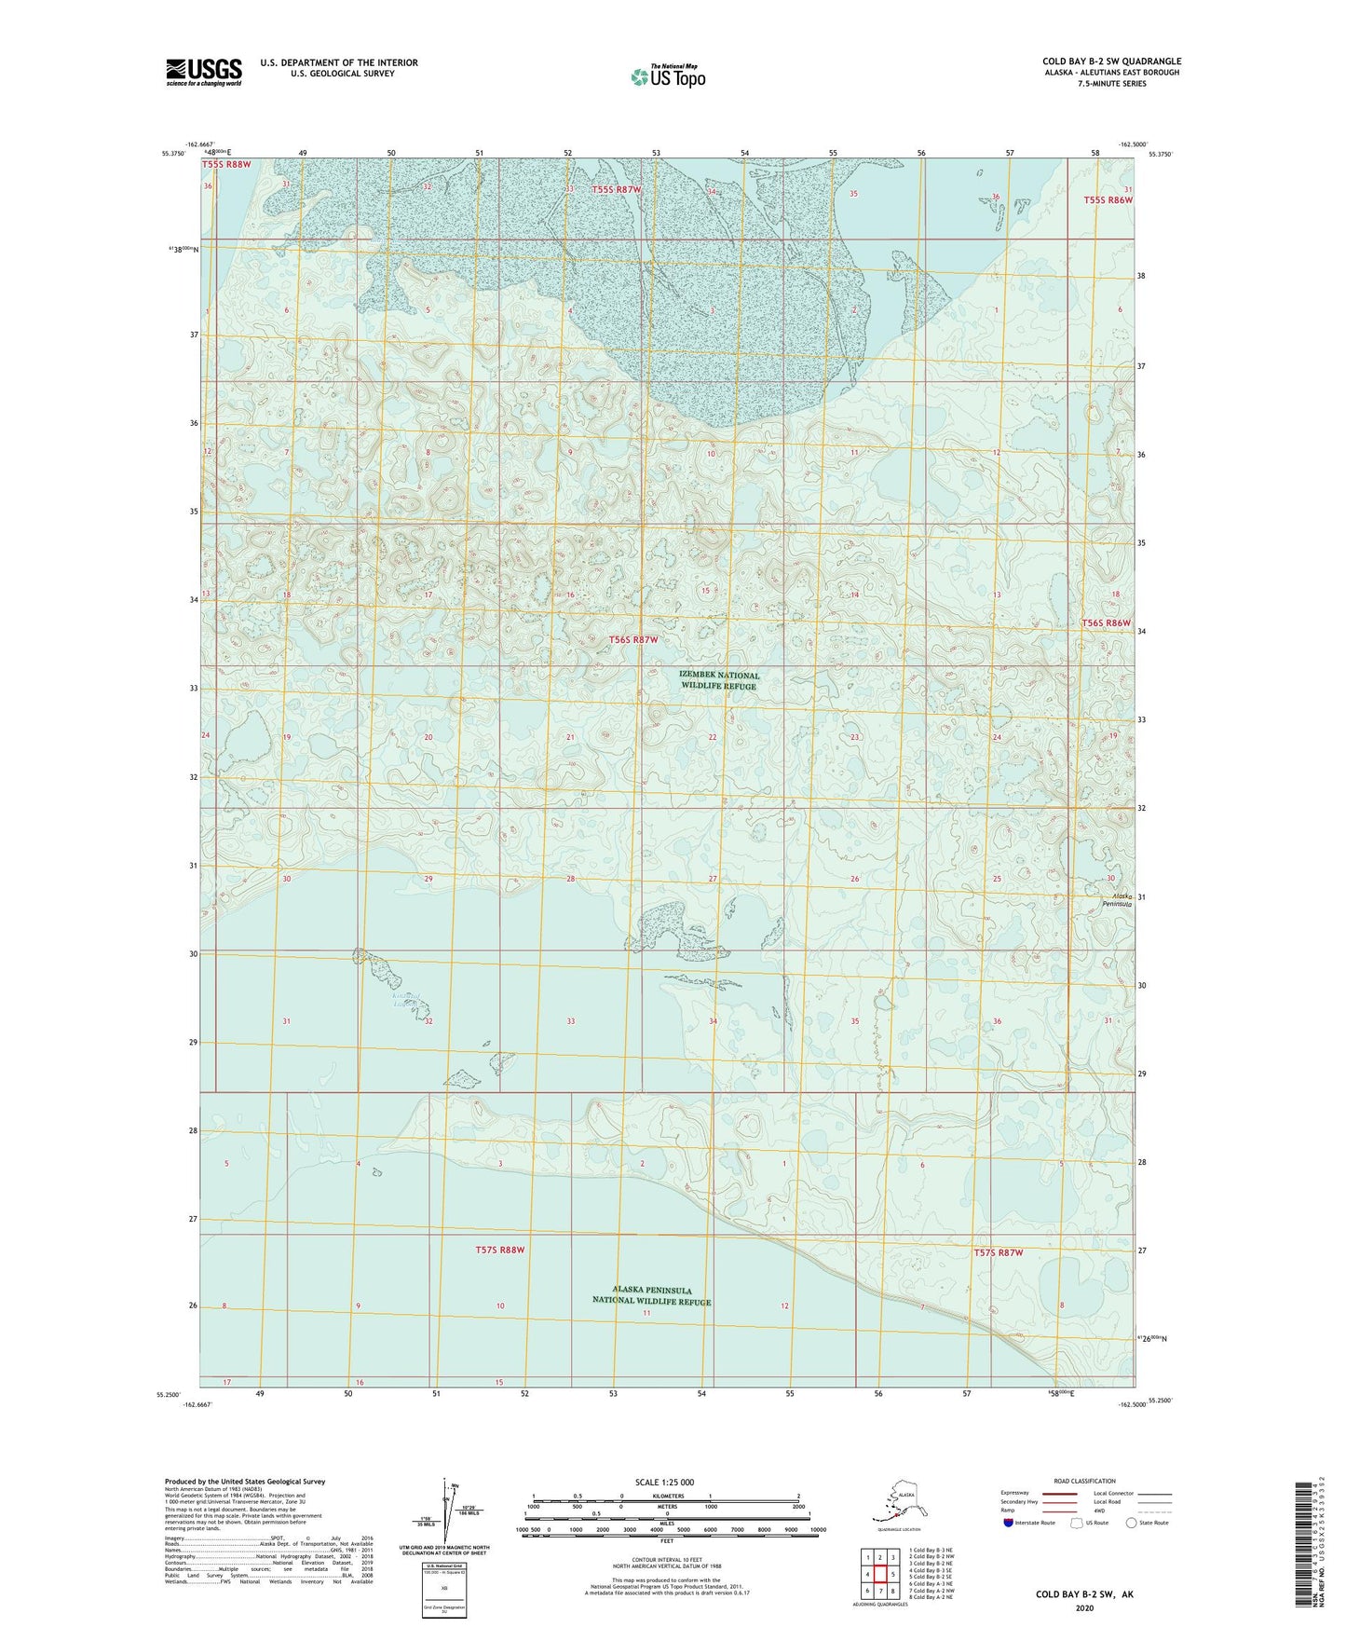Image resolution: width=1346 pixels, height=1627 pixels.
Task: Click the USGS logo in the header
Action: coord(203,72)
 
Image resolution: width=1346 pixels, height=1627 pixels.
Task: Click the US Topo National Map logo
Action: coord(667,75)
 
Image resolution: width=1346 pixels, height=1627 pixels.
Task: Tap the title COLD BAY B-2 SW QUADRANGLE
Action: coord(1111,62)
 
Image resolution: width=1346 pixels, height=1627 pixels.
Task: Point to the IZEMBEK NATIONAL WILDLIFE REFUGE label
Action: coord(719,680)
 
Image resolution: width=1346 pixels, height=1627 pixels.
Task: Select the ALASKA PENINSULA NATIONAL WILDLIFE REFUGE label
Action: coord(651,1295)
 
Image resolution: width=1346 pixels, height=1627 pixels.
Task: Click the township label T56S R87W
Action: coord(633,640)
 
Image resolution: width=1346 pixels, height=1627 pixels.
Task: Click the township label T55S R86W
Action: coord(1108,200)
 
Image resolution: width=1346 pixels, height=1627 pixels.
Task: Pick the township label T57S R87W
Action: coord(998,1252)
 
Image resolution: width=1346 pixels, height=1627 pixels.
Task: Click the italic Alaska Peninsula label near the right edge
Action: coord(1116,898)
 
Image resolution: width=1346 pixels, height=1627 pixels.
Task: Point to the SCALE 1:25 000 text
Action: coord(665,1482)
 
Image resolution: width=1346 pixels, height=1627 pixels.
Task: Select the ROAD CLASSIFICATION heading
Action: coord(1084,1481)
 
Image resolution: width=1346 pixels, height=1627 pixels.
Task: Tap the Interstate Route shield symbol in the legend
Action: coord(1009,1523)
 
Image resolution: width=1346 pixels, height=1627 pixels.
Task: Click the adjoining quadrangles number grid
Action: coord(879,1575)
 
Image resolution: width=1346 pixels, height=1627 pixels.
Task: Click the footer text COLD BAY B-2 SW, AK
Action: coord(1084,1594)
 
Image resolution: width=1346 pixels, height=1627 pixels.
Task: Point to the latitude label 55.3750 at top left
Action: coord(171,155)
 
